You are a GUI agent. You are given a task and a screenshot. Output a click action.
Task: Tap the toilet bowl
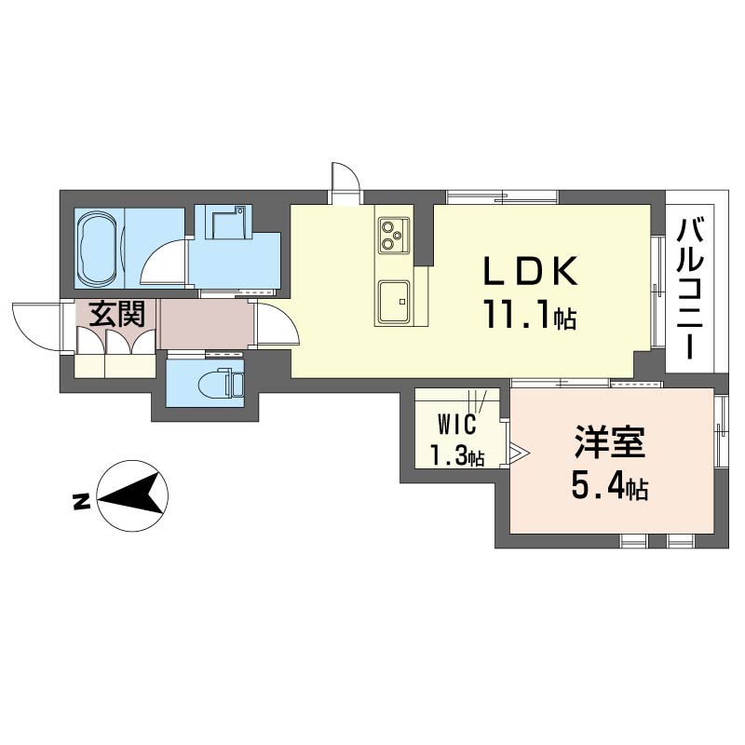[216, 383]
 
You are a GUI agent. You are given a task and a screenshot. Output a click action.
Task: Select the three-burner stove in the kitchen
[394, 236]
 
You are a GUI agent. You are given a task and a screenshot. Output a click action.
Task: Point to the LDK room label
[531, 271]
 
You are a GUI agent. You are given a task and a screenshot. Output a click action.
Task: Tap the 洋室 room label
[610, 441]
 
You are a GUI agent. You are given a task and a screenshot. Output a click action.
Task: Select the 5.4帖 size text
[610, 486]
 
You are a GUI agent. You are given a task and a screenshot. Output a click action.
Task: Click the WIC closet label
[457, 424]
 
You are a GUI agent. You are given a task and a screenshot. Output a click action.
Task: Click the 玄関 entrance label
[117, 314]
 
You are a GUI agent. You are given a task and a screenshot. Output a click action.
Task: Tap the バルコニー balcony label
[689, 289]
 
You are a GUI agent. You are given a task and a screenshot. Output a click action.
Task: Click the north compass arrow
[132, 496]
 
